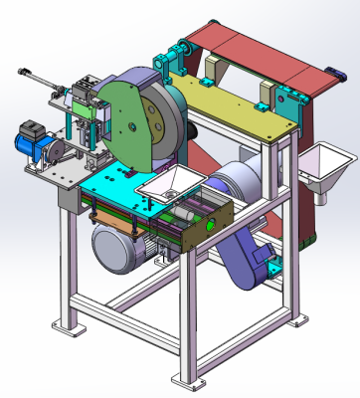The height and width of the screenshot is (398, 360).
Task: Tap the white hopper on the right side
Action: [x=323, y=163]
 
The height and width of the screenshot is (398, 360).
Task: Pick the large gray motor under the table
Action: [x=119, y=245]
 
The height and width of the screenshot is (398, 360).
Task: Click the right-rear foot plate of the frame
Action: [x=296, y=319]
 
